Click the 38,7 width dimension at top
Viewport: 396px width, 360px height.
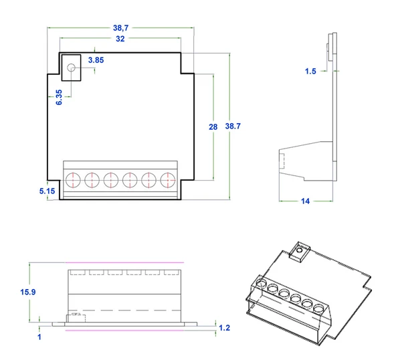click(x=121, y=28)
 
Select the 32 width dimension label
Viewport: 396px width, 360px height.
click(x=120, y=39)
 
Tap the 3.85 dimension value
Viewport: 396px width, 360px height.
click(x=96, y=60)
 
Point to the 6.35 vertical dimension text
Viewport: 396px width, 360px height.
click(x=59, y=96)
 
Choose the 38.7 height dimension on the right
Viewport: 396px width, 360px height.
click(x=233, y=126)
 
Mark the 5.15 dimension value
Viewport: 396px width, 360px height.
click(x=47, y=191)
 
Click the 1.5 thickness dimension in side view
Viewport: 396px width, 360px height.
click(x=310, y=71)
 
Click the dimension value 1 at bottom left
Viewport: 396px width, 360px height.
click(x=40, y=337)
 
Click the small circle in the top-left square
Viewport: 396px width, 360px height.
click(x=71, y=66)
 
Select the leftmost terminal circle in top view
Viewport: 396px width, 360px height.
click(x=74, y=179)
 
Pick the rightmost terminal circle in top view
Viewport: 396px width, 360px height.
click(x=168, y=179)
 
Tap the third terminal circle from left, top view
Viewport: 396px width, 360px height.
click(x=111, y=179)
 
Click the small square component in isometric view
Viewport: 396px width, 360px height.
click(x=298, y=252)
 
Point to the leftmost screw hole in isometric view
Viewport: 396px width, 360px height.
click(x=260, y=284)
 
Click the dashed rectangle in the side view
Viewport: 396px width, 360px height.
click(x=282, y=161)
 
